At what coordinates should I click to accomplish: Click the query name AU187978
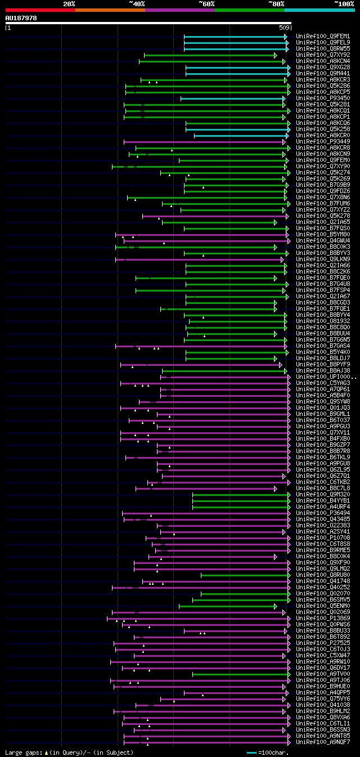(21, 18)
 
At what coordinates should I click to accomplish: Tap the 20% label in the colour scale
(69, 4)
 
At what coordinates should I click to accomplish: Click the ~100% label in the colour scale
(344, 4)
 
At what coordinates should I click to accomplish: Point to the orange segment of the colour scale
(110, 10)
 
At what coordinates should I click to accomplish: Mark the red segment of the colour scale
(40, 10)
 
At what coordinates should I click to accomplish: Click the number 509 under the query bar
(284, 28)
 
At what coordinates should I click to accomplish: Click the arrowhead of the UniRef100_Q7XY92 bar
(275, 55)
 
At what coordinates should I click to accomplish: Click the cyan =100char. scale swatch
(251, 752)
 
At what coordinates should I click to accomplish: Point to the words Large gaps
(23, 752)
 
